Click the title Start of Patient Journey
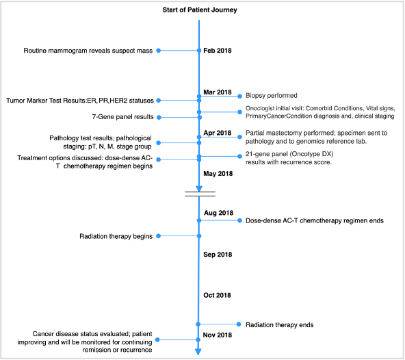[x=200, y=10]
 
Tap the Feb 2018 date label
[x=218, y=51]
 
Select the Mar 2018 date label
[x=218, y=92]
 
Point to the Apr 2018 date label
[x=218, y=133]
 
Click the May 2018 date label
[x=218, y=174]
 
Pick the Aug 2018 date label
[x=218, y=213]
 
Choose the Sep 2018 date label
[x=218, y=255]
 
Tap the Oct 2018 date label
[x=218, y=295]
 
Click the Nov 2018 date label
[x=218, y=335]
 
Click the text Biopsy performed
[x=272, y=96]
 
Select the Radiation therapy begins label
[x=116, y=237]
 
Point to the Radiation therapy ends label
[x=280, y=325]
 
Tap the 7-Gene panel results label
[x=122, y=117]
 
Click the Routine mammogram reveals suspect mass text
[x=88, y=51]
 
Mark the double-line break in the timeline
[x=200, y=194]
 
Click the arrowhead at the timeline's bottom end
[x=198, y=352]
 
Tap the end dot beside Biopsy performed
[x=239, y=96]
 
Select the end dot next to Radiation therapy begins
[x=159, y=236]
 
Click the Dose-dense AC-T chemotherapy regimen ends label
[x=315, y=220]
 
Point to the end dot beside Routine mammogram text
[x=159, y=51]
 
